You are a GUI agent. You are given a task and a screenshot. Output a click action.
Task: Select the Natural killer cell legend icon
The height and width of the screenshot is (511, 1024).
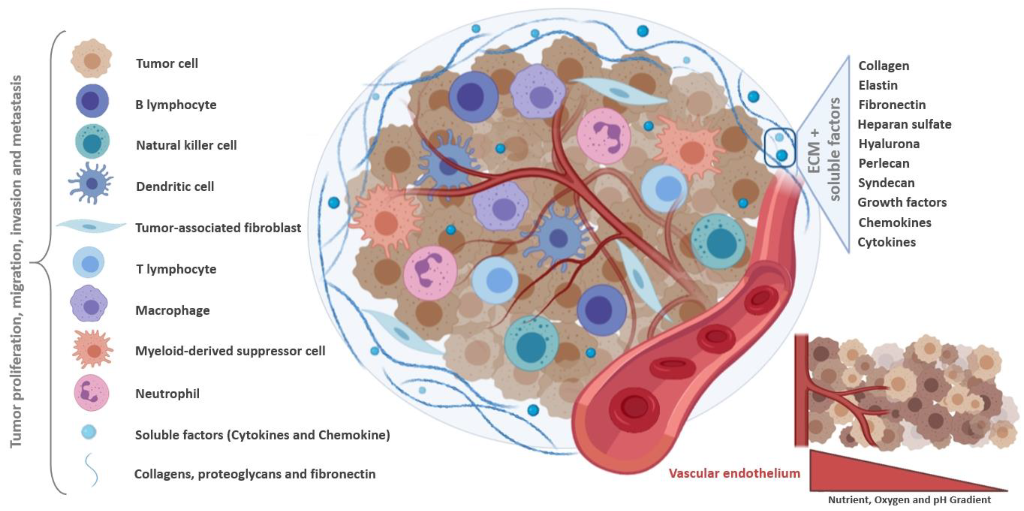pyautogui.click(x=92, y=142)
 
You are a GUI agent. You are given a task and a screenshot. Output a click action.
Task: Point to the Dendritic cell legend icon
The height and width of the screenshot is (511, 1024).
pyautogui.click(x=91, y=184)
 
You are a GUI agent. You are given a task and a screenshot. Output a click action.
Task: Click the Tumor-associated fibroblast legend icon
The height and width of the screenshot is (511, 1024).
pyautogui.click(x=91, y=227)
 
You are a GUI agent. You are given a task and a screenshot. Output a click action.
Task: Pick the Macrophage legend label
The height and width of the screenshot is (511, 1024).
pyautogui.click(x=173, y=310)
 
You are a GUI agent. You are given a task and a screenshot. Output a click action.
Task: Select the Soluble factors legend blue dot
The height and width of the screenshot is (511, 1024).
pyautogui.click(x=88, y=432)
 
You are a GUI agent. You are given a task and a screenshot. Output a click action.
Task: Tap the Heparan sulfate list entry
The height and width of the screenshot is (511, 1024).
pyautogui.click(x=904, y=124)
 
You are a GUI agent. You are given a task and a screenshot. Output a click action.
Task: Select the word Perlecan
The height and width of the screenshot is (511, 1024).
pyautogui.click(x=884, y=163)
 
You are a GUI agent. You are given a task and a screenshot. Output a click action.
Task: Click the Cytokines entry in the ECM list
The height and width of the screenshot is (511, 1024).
pyautogui.click(x=886, y=242)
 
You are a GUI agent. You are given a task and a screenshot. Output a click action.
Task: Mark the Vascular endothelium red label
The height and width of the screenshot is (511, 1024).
pyautogui.click(x=734, y=473)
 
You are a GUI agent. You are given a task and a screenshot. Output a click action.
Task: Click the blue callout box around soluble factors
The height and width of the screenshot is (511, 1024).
pyautogui.click(x=780, y=148)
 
